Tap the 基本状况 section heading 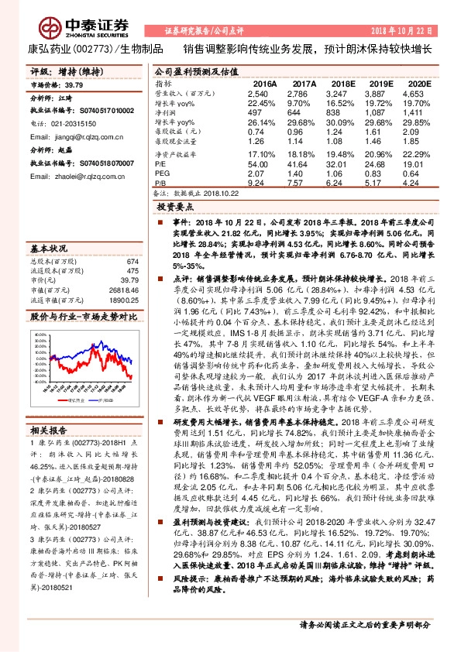(x=47, y=248)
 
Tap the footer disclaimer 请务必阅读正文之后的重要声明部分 (x=365, y=624)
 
